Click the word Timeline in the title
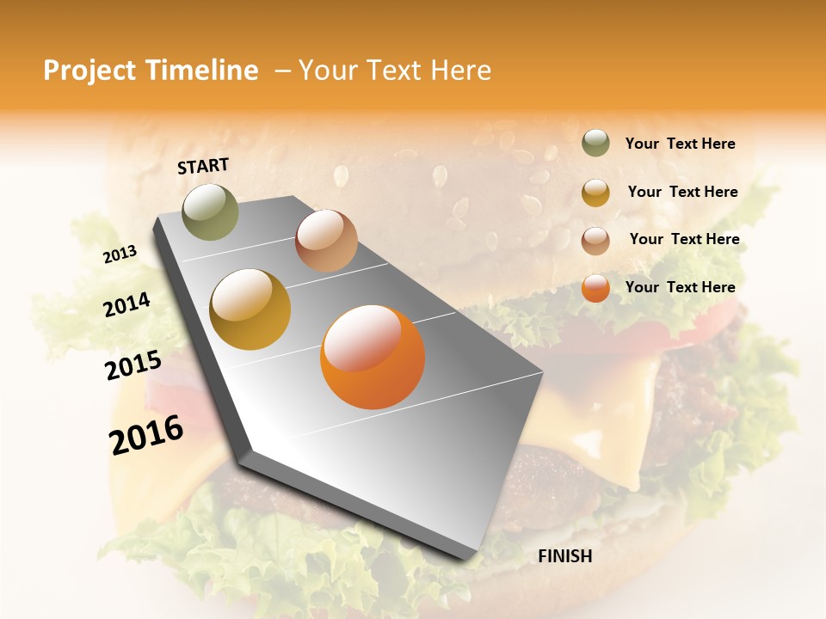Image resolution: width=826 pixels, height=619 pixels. coord(203,70)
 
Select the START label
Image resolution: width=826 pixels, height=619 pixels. coord(203,166)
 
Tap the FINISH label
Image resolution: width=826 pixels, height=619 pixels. coord(564,556)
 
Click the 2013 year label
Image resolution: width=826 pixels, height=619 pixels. coord(120,254)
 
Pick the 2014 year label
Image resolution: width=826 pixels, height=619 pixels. coord(126,304)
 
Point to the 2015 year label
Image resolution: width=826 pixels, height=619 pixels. coord(133,365)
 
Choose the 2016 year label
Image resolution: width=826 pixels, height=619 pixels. coord(145,434)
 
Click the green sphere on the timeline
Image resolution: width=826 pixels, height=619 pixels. coord(210,211)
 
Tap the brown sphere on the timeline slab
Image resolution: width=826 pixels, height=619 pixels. coord(326,241)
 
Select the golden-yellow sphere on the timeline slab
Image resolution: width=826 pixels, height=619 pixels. coord(250,309)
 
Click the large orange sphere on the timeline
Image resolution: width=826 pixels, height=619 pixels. coord(373,357)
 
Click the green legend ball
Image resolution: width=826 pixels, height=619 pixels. coord(595,143)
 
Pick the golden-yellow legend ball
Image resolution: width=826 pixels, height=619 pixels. coord(595,193)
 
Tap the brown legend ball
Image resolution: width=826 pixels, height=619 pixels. coord(595,241)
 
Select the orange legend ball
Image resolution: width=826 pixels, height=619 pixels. coord(595,288)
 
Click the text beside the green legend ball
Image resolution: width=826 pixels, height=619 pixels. coord(680,144)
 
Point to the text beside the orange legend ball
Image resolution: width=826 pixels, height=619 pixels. coord(680,287)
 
